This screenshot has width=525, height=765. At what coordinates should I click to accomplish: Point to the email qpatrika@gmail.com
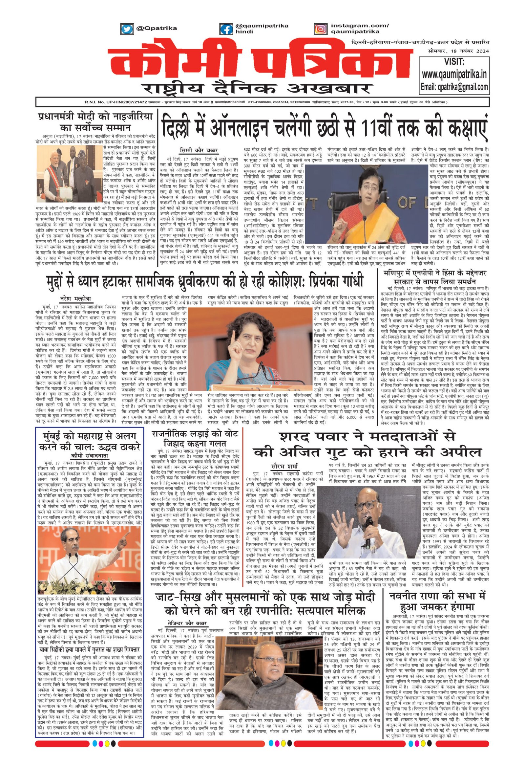tap(454, 87)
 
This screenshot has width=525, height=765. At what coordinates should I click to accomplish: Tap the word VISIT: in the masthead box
tap(454, 62)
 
